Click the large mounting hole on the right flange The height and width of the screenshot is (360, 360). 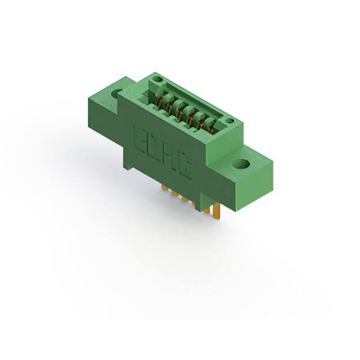(x=240, y=164)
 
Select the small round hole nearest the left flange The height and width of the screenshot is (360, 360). (x=157, y=80)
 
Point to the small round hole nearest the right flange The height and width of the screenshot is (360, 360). (x=229, y=121)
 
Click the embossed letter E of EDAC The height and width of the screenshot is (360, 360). (x=139, y=138)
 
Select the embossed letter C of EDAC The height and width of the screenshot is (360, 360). (x=184, y=168)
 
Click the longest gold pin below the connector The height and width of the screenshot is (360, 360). (x=217, y=211)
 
